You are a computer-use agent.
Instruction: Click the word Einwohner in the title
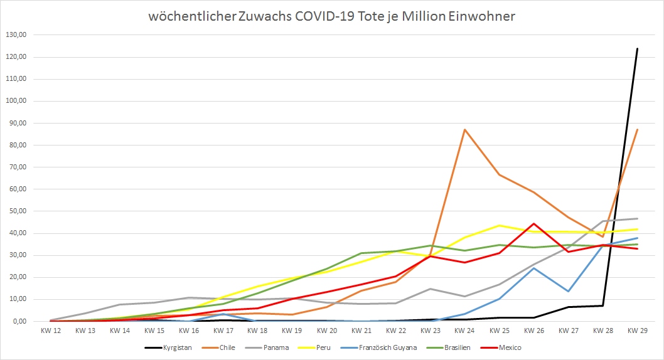coord(481,16)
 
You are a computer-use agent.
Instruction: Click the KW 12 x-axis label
coord(51,331)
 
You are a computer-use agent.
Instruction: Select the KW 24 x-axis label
coord(465,331)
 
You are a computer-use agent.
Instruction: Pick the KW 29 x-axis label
coord(637,331)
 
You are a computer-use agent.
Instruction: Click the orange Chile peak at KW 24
coord(464,130)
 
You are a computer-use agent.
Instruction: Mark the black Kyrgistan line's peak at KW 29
coord(637,49)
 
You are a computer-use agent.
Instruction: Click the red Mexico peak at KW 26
coord(533,223)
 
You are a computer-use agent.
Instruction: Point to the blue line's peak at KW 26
coord(533,268)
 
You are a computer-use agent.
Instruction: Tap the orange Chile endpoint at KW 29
coord(637,130)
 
